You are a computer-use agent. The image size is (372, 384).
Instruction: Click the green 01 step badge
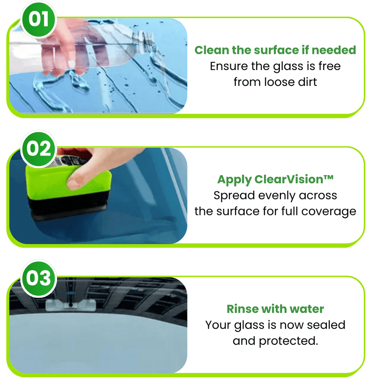tap(38, 19)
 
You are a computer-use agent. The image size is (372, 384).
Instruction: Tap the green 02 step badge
tap(38, 149)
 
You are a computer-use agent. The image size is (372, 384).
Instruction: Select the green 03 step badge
tap(38, 278)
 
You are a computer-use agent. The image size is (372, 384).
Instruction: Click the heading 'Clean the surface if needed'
tap(275, 50)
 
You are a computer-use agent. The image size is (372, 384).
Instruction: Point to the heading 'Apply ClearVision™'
tap(275, 180)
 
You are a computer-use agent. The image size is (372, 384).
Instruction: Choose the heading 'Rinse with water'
tap(275, 309)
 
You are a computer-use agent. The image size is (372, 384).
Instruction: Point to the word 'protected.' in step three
tap(288, 341)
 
